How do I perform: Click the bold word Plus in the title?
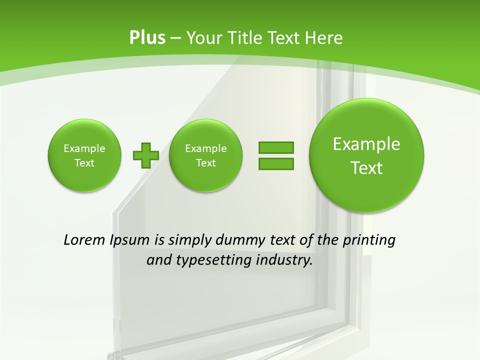(x=147, y=38)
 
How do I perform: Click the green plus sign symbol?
(x=145, y=155)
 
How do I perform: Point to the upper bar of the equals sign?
(x=276, y=147)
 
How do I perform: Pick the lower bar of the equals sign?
(x=276, y=163)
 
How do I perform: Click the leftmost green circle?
(x=84, y=155)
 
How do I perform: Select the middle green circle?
(x=206, y=155)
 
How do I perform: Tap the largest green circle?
(x=366, y=155)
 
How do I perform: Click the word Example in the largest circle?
(x=366, y=144)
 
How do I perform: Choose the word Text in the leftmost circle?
(x=84, y=163)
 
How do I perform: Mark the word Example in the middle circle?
(x=206, y=148)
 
